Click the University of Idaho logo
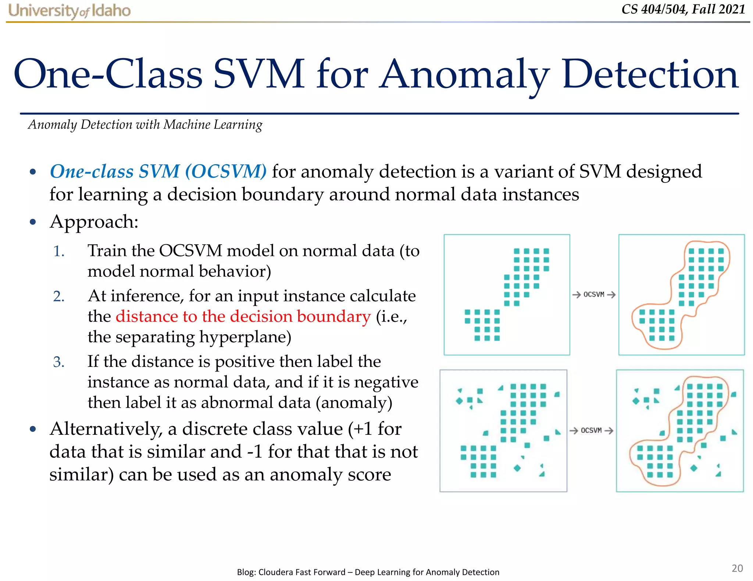69,11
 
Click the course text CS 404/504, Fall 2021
683,9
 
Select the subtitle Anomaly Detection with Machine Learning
145,124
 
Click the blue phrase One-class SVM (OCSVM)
158,172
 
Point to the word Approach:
94,222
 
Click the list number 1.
58,252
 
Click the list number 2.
58,296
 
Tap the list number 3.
58,362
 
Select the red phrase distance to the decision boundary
243,316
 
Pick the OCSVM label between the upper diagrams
594,295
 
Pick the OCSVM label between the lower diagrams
591,430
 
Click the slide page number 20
737,568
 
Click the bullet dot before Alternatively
33,429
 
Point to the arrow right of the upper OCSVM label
611,295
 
